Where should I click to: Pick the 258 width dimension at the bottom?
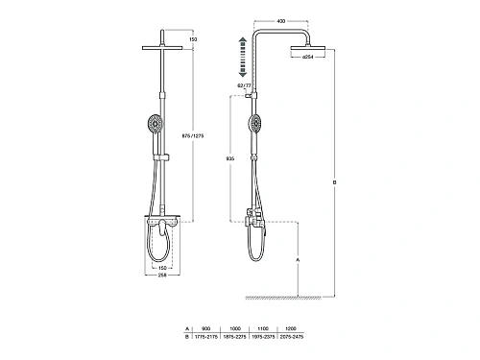pos(164,275)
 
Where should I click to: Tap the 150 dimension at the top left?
pos(192,39)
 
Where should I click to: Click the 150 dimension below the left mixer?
pos(164,267)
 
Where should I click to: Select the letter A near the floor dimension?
pos(300,259)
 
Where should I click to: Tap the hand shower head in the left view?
pos(154,126)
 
